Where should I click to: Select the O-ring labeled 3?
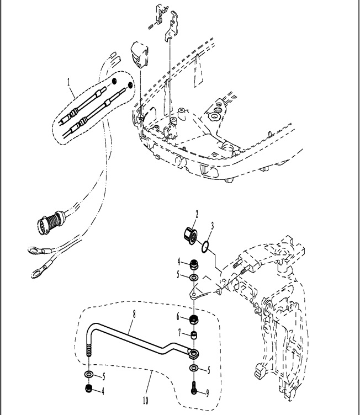pos(204,246)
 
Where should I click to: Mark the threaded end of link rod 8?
pos(89,351)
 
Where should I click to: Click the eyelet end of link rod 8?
pos(194,352)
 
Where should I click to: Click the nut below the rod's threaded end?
pos(89,390)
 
